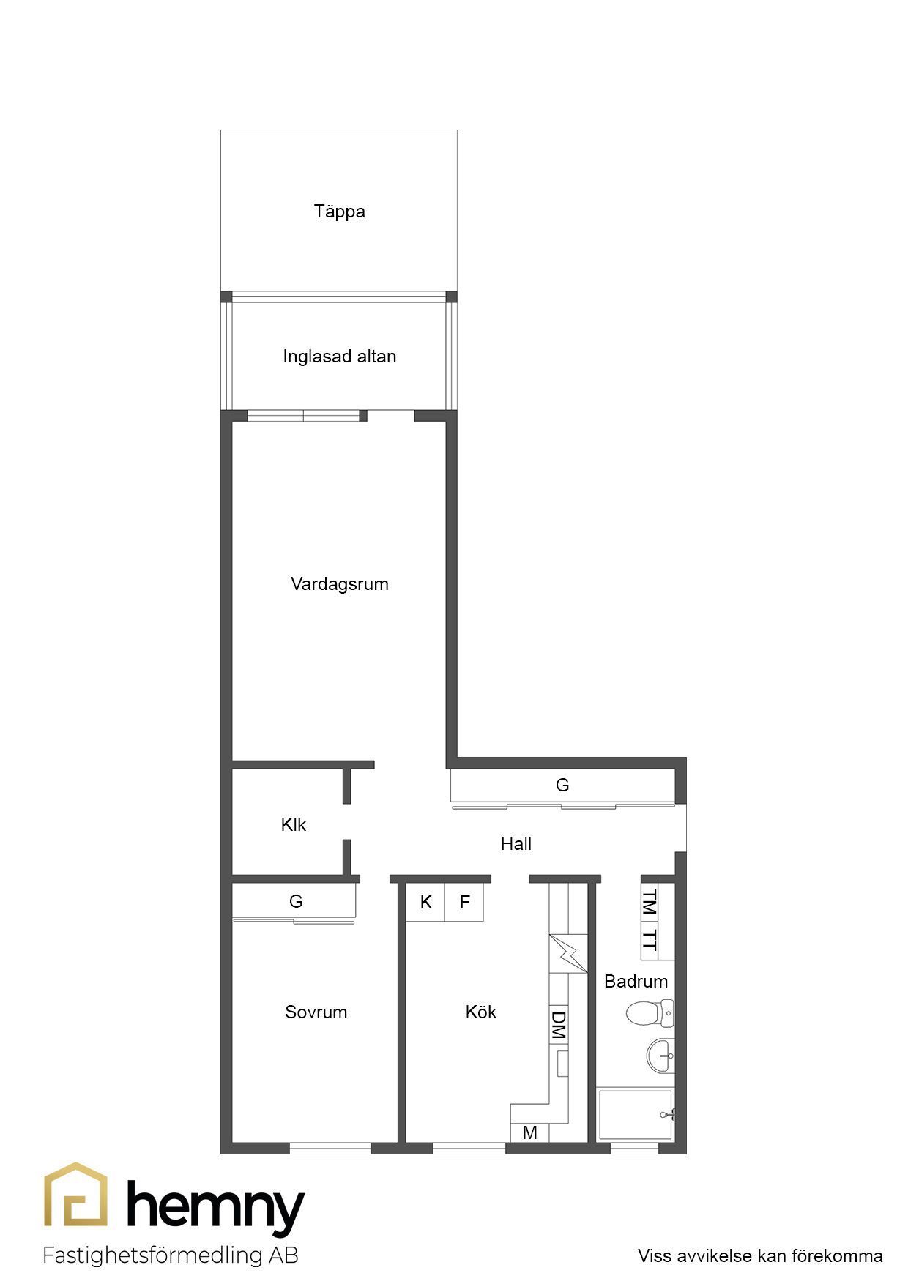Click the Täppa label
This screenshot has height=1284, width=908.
tap(339, 212)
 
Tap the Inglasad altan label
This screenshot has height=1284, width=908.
tap(339, 357)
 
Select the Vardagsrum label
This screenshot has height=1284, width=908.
tap(339, 584)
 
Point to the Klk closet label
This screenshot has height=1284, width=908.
tap(293, 825)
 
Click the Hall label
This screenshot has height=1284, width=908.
tap(516, 844)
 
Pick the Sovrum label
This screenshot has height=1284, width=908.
tap(316, 1012)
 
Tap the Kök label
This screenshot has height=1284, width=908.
tap(480, 1012)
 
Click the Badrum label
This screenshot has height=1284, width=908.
tap(636, 982)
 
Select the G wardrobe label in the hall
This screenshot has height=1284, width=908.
tap(562, 785)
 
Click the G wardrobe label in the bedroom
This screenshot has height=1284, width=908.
tap(296, 902)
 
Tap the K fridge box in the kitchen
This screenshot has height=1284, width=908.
tap(426, 903)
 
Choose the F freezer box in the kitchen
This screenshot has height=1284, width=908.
tap(464, 903)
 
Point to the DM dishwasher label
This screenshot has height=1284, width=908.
tap(558, 1026)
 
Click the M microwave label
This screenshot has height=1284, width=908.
tap(530, 1133)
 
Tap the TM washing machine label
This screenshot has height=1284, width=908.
tap(649, 903)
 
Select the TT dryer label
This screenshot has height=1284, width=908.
tap(649, 941)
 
